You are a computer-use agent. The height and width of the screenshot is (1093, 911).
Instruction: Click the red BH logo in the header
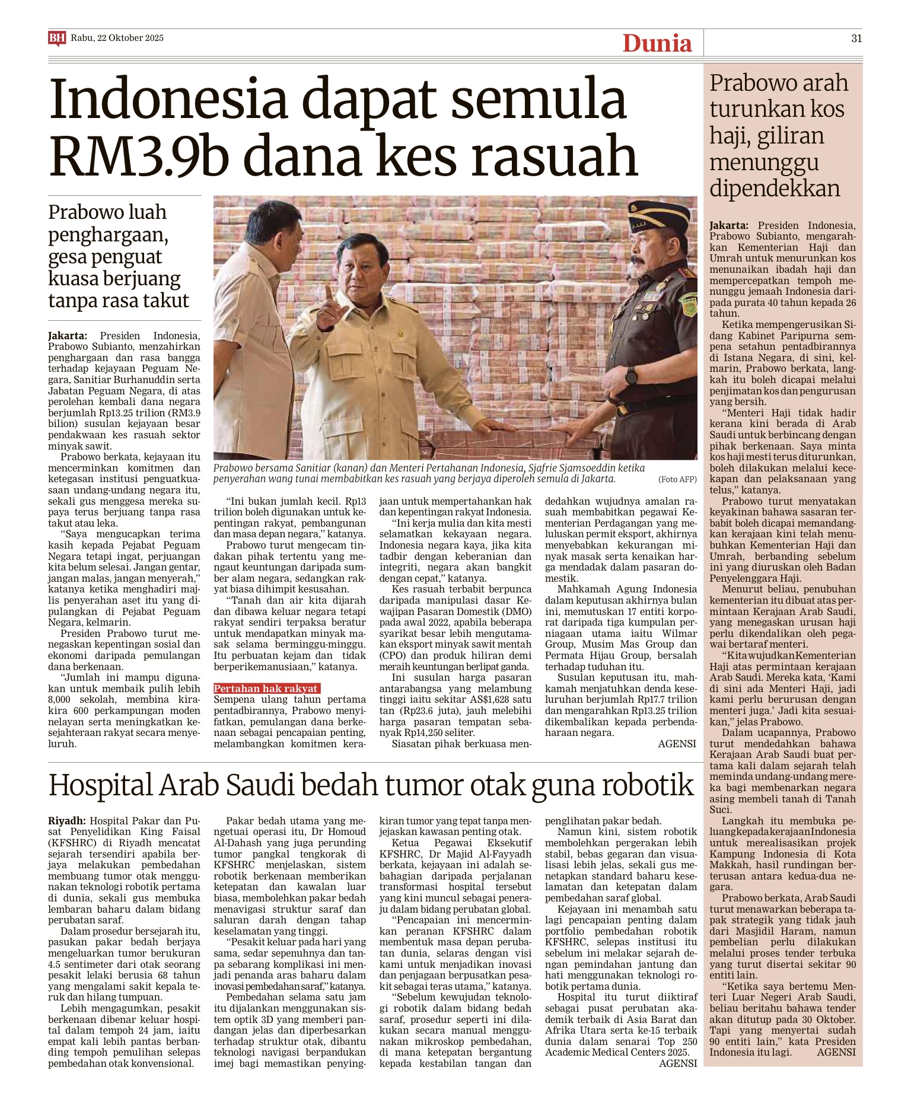tap(57, 39)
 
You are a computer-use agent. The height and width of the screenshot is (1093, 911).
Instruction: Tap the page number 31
tap(856, 39)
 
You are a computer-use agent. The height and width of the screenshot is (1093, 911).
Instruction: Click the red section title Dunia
tap(657, 43)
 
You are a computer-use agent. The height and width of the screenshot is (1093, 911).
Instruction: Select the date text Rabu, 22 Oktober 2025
tap(117, 38)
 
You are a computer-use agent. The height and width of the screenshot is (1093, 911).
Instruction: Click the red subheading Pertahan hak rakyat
tap(266, 689)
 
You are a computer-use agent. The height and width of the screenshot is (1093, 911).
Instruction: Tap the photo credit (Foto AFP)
tap(677, 479)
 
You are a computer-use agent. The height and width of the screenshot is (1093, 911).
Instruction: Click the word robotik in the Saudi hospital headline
tap(648, 785)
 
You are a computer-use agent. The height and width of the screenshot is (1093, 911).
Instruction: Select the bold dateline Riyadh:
tap(67, 821)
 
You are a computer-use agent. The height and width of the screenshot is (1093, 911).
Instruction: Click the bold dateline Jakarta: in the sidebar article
tap(729, 225)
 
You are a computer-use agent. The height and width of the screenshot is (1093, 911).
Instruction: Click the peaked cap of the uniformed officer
tap(658, 219)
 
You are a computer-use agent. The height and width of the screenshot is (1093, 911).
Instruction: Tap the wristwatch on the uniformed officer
tap(631, 375)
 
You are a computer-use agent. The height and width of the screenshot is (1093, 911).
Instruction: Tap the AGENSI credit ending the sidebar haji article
tap(836, 1052)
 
